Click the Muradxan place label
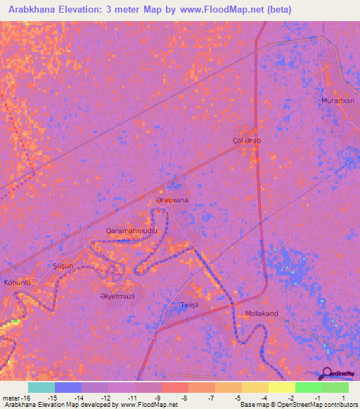[x=337, y=100]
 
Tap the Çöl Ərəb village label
[x=247, y=141]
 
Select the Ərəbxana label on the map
[x=172, y=200]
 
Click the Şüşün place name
[x=63, y=266]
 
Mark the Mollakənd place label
[x=262, y=313]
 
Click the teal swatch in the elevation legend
[x=41, y=387]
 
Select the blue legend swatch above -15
[x=68, y=387]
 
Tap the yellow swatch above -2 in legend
[x=282, y=387]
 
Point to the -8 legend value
[x=184, y=398]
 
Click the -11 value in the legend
[x=131, y=398]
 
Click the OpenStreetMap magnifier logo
[x=326, y=374]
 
